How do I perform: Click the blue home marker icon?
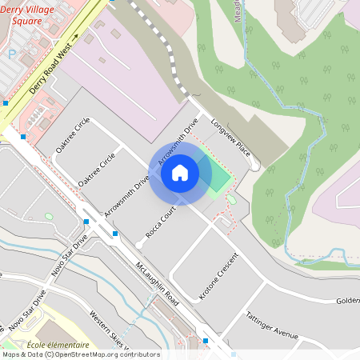[x=180, y=173]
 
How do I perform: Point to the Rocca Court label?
[x=161, y=223]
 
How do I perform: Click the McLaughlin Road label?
[x=157, y=281]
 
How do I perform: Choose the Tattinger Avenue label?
[x=272, y=325]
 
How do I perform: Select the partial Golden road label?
[x=347, y=300]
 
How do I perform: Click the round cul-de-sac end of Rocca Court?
[x=140, y=243]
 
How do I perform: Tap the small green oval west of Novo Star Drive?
[x=49, y=217]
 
